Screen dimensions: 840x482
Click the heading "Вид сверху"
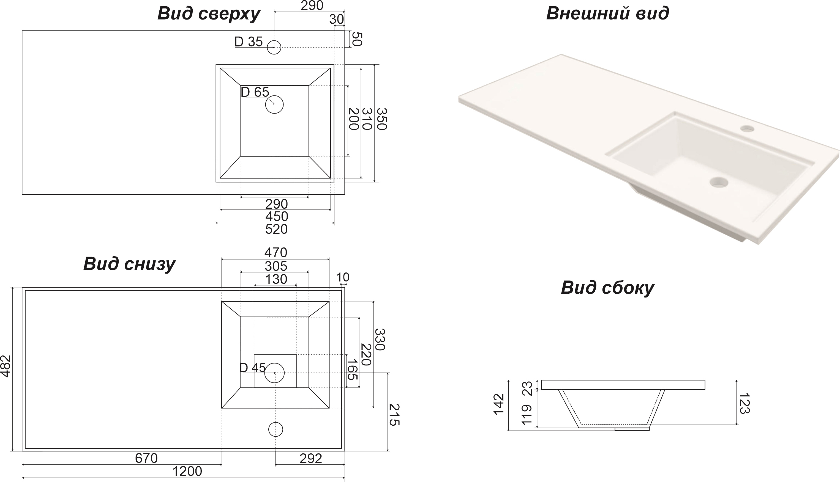209,14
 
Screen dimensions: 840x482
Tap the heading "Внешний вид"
607,13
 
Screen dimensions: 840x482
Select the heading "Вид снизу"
129,265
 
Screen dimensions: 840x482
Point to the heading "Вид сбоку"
607,288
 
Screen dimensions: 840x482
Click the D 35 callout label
249,42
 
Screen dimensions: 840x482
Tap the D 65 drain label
255,92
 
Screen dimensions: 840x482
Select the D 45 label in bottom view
252,367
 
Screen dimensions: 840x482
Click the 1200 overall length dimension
187,471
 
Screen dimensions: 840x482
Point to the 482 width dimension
6,366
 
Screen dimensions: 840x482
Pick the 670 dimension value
146,458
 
